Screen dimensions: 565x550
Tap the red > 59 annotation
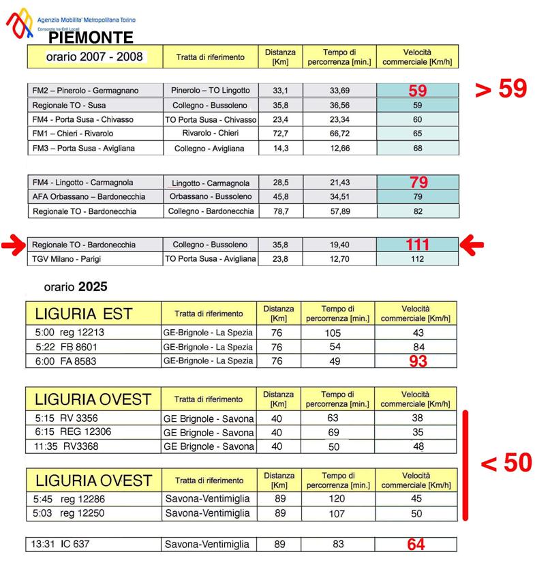pyautogui.click(x=501, y=90)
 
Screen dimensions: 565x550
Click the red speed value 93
pyautogui.click(x=417, y=361)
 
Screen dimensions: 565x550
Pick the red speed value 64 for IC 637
pyautogui.click(x=416, y=545)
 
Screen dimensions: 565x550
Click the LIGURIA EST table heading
pyautogui.click(x=83, y=314)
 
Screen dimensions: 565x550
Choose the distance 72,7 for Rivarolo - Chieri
pyautogui.click(x=280, y=133)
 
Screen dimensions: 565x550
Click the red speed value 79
pyautogui.click(x=417, y=182)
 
